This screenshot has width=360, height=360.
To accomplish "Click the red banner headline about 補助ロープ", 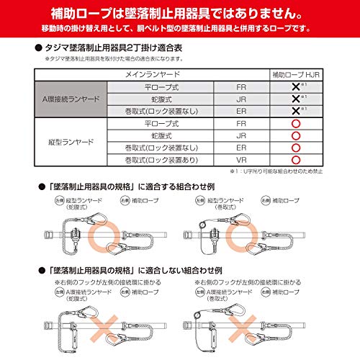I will coord(180,12).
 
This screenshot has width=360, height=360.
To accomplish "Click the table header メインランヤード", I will coord(144,74).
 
